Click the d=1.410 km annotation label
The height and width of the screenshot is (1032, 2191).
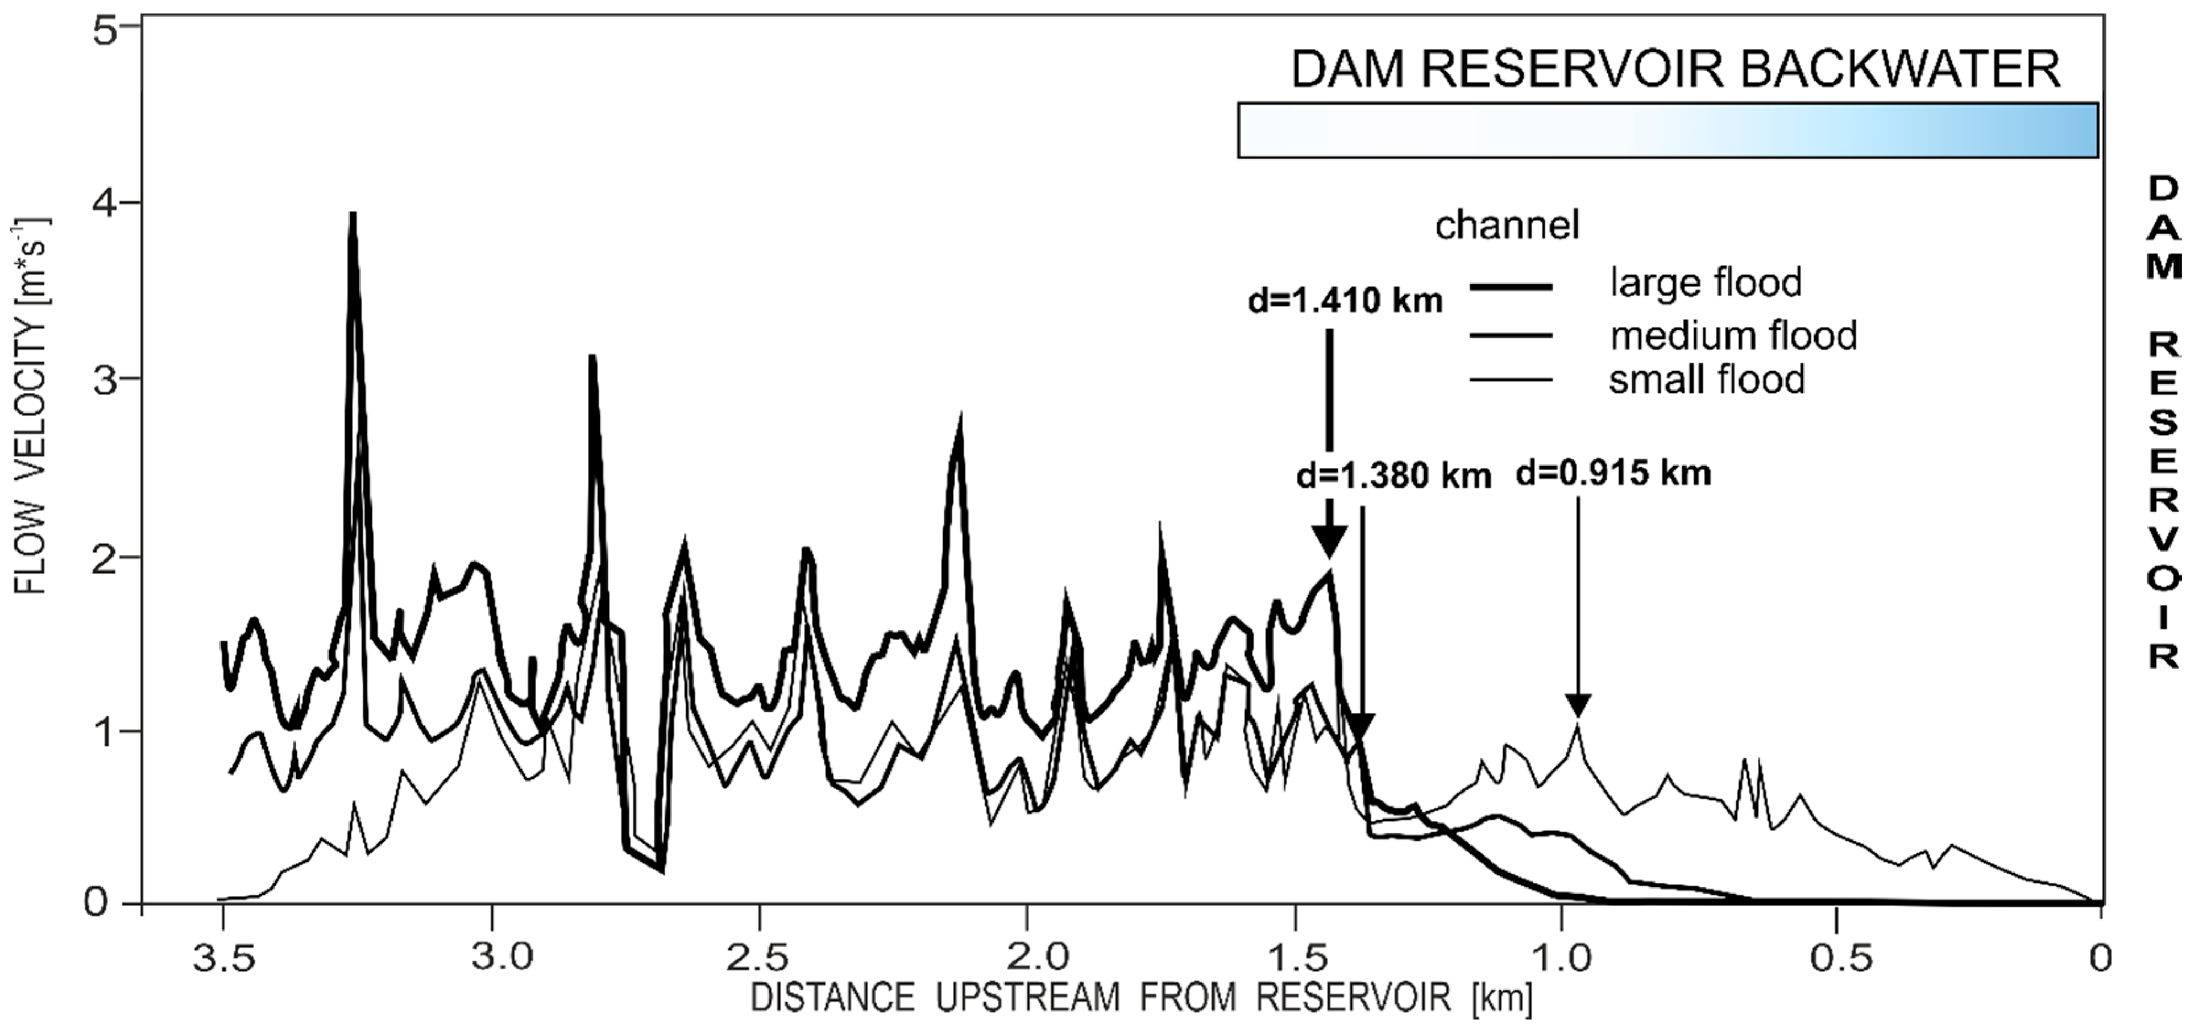coord(1345,301)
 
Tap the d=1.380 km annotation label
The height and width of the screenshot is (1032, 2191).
coord(1393,477)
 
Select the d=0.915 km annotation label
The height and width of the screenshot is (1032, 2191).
coord(1613,473)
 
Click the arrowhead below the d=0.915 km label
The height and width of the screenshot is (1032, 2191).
coord(1578,704)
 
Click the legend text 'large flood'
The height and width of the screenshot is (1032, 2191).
coord(1705,282)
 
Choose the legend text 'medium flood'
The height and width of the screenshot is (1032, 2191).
coord(1732,336)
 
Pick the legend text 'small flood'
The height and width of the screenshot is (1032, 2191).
coord(1706,379)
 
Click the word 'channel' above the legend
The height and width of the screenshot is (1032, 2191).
coord(1507,226)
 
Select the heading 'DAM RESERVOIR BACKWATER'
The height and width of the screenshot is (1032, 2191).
coord(1675,69)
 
